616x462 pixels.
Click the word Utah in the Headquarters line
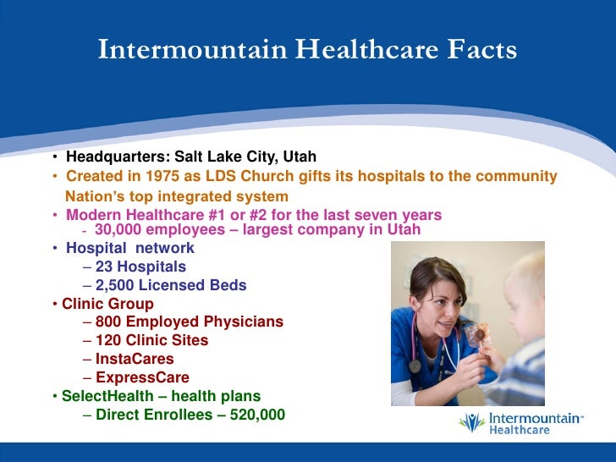tap(300, 157)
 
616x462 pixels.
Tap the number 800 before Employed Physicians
tap(110, 322)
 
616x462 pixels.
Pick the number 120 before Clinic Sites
tap(110, 341)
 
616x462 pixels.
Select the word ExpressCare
tap(142, 378)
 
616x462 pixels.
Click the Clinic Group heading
tap(108, 304)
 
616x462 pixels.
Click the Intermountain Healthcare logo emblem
tap(471, 423)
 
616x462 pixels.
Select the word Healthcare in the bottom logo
tap(520, 430)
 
